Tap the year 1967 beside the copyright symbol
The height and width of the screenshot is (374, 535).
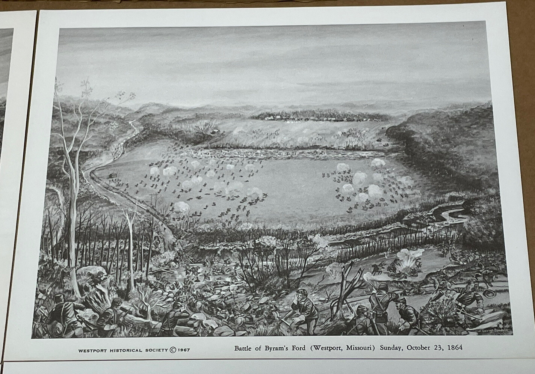click(x=183, y=350)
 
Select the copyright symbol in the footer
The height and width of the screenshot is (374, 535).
click(x=173, y=350)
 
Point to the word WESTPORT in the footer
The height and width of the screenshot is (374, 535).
click(x=91, y=350)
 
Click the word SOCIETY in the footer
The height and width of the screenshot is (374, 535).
click(x=154, y=350)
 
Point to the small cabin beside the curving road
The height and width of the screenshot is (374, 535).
click(x=111, y=175)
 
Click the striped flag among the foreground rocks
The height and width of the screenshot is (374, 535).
click(x=240, y=300)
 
